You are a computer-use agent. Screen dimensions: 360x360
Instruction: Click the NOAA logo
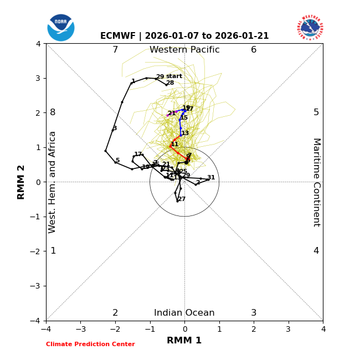(x=61, y=28)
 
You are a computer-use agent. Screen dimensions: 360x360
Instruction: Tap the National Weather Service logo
(x=310, y=28)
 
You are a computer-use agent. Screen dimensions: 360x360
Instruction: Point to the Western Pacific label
(x=184, y=50)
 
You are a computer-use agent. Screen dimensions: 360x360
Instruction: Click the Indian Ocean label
(x=184, y=313)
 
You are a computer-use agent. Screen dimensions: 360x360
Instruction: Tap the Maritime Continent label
(x=316, y=182)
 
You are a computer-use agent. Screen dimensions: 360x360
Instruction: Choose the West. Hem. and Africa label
(x=53, y=182)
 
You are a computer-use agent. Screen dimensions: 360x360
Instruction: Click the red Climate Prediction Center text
(x=90, y=344)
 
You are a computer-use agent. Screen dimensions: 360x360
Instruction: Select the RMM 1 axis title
(x=184, y=341)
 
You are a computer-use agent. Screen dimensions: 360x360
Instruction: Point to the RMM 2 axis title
(x=22, y=182)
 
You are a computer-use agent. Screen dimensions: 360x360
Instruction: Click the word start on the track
(x=174, y=76)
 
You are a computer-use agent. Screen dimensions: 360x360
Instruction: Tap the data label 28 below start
(x=170, y=83)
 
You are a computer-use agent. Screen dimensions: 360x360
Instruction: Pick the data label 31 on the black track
(x=211, y=178)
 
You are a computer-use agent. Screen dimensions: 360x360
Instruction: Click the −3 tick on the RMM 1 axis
(x=80, y=329)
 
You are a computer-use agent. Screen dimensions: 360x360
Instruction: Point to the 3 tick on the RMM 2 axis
(x=38, y=78)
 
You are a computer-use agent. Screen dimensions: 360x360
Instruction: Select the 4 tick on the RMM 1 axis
(x=323, y=329)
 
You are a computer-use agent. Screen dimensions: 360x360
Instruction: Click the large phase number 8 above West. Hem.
(x=53, y=112)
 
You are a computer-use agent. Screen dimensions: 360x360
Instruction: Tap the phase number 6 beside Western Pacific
(x=254, y=50)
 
